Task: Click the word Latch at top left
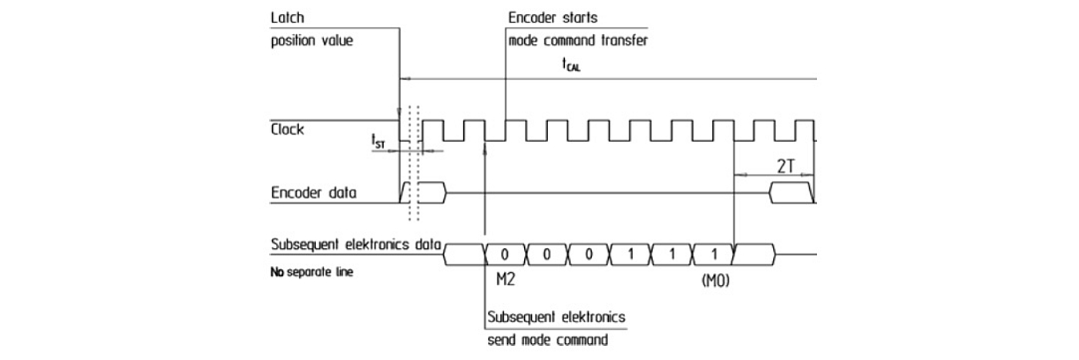[285, 17]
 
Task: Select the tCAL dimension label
[571, 66]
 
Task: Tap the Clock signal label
[287, 130]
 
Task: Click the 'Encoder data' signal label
[314, 192]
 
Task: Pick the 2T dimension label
[785, 165]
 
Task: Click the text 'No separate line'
[311, 272]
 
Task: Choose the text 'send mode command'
[547, 339]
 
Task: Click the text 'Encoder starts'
[553, 17]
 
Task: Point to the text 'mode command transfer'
[577, 40]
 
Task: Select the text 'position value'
[311, 40]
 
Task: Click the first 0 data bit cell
[505, 252]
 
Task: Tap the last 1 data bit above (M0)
[714, 252]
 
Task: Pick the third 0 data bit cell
[589, 252]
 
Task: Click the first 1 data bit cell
[630, 252]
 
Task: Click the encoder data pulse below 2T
[791, 192]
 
